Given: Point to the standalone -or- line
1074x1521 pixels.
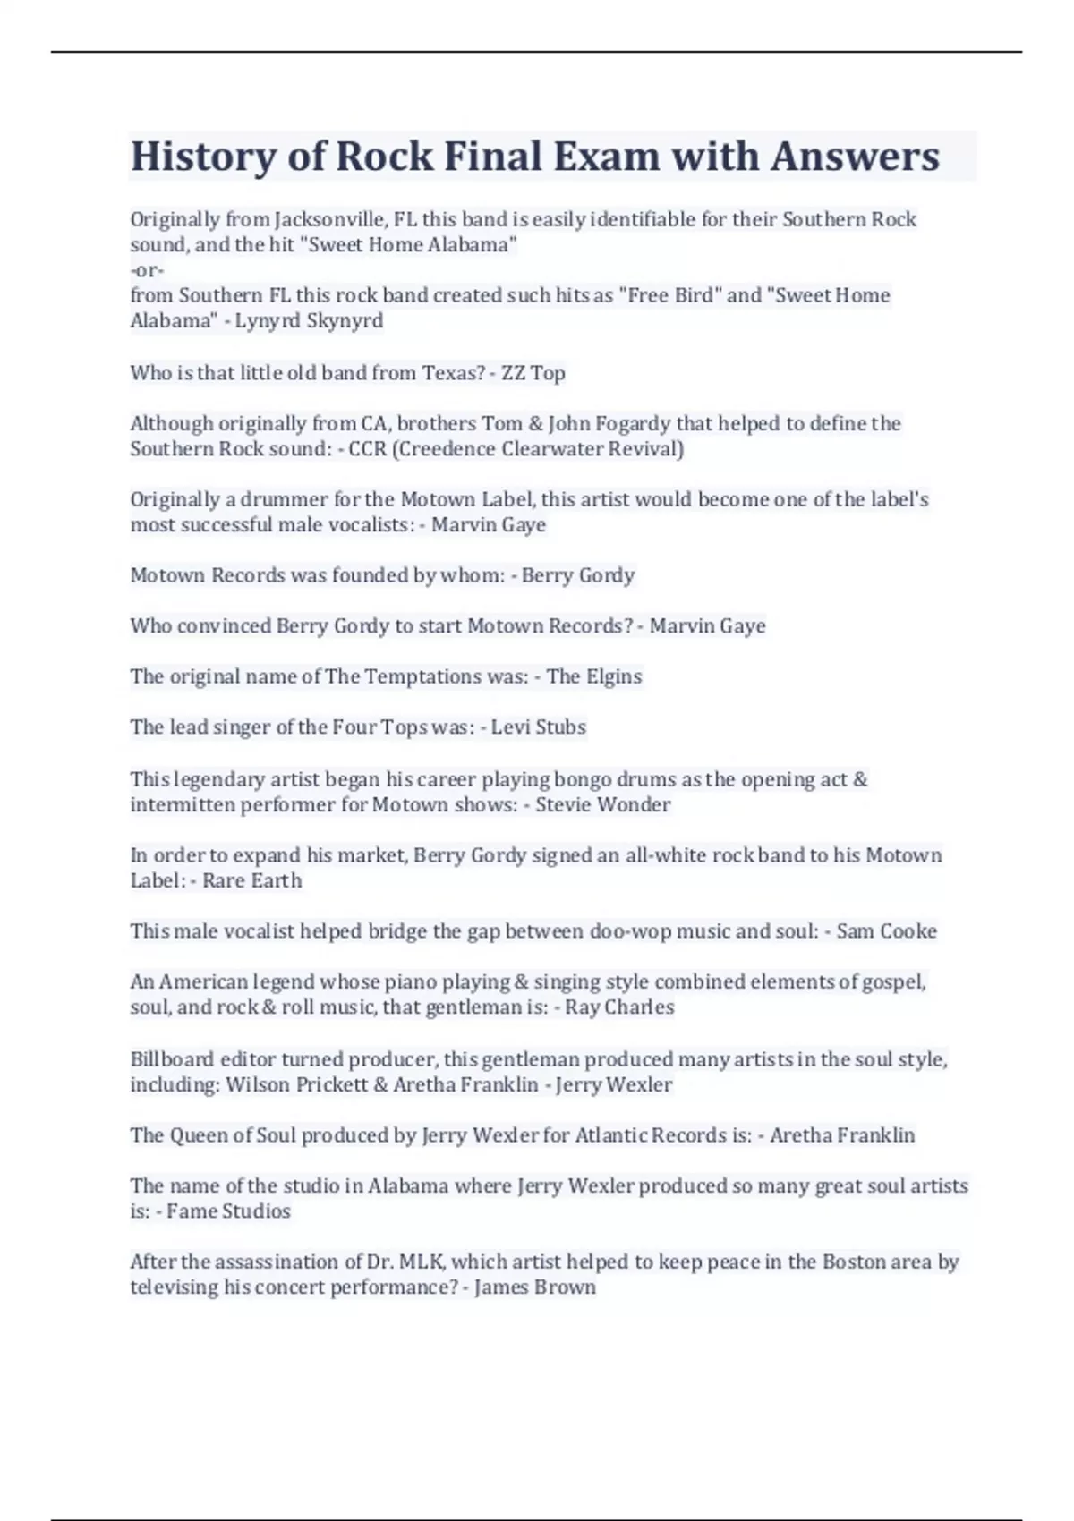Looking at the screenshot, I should click(x=147, y=269).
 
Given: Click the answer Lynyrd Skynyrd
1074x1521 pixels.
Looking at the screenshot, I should click(x=309, y=320).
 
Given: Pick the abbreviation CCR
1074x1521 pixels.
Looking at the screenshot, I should click(x=367, y=448).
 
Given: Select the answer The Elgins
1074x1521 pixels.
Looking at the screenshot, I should click(x=594, y=676).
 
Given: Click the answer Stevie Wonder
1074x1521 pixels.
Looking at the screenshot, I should click(x=603, y=804).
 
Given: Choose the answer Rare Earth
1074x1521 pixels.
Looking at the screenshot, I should click(x=252, y=880).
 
